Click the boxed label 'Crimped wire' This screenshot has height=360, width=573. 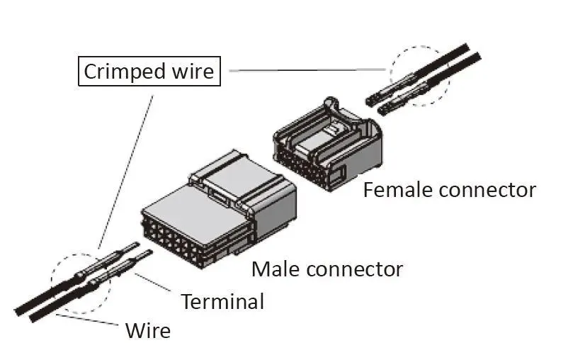coord(149,72)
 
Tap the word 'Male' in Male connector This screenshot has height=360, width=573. coord(275,269)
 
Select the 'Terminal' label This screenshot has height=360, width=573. coord(222,301)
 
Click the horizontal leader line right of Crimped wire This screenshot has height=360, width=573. coord(305,71)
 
